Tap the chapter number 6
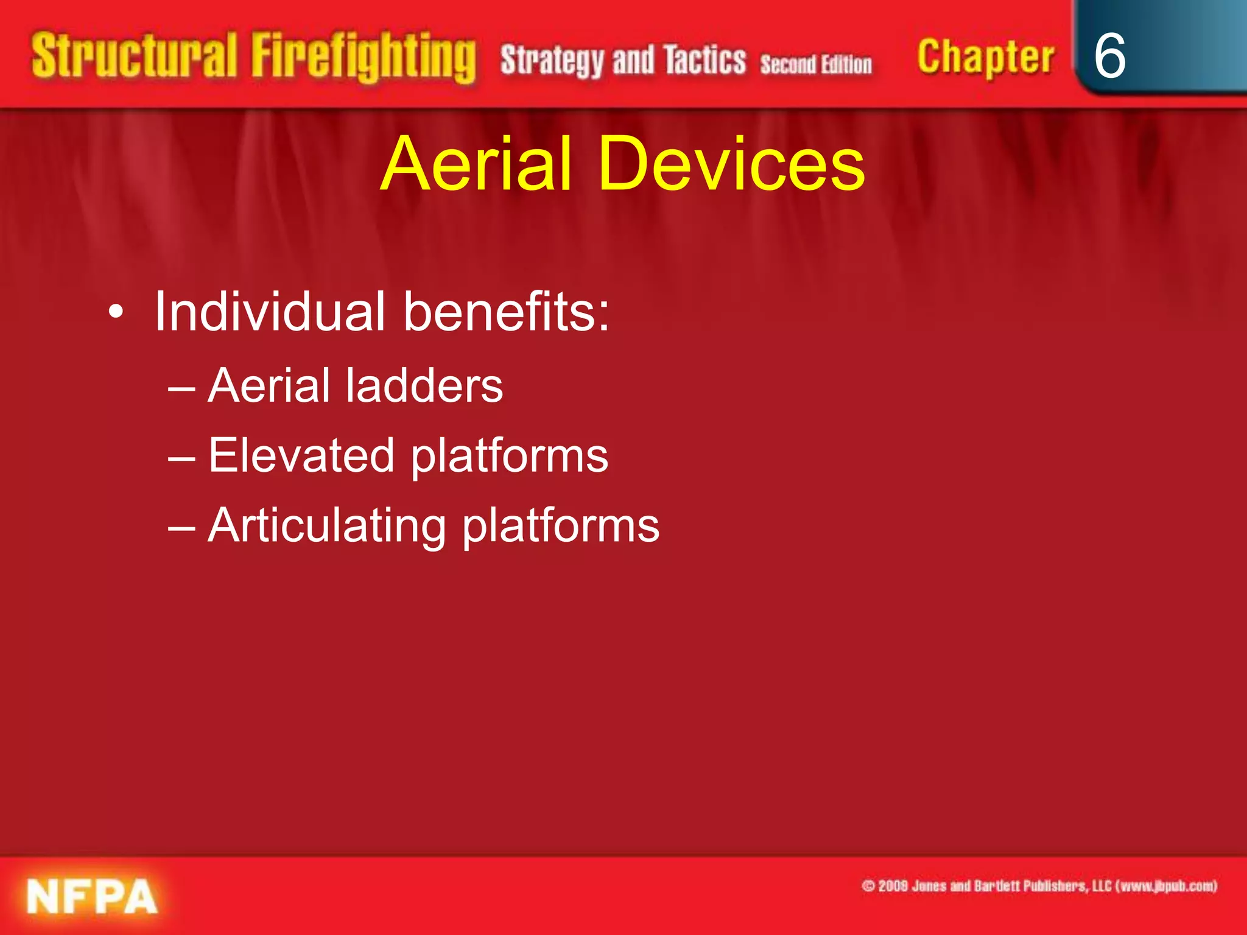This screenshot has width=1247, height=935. [1109, 56]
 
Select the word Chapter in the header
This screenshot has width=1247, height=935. [985, 58]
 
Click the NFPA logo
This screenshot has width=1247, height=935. [92, 896]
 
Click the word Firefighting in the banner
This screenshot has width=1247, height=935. [364, 58]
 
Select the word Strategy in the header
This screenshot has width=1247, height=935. [552, 61]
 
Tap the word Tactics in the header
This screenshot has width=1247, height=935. [704, 60]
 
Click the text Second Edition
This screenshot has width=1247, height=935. [815, 65]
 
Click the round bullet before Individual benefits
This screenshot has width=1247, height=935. [116, 313]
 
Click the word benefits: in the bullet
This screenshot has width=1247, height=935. [506, 312]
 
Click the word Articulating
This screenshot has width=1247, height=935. [327, 525]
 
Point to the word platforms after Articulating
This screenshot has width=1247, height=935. [561, 527]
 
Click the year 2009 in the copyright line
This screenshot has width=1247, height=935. [893, 886]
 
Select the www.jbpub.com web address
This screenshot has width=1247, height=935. [1167, 886]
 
